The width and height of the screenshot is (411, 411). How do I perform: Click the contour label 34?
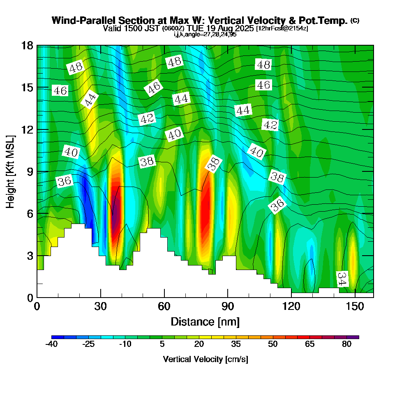(342, 279)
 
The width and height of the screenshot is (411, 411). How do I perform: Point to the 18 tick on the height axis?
(37, 45)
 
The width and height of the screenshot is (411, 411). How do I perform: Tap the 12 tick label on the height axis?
(27, 129)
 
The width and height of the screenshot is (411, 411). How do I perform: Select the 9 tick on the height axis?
(37, 171)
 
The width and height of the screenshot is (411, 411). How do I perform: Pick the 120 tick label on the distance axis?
(291, 307)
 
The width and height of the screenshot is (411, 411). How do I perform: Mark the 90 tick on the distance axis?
(228, 297)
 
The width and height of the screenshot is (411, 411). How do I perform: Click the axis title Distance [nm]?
(205, 321)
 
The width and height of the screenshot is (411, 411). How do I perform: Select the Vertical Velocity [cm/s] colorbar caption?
(205, 359)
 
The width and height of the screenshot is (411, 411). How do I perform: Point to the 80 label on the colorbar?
(346, 344)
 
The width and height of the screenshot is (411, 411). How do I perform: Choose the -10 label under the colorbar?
(125, 344)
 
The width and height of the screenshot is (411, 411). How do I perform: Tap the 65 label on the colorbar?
(309, 344)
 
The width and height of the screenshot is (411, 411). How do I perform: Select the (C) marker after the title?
(355, 20)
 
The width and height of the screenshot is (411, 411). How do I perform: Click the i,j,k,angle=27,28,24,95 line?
(205, 34)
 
